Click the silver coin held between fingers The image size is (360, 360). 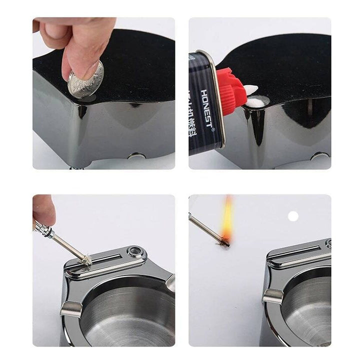click(x=86, y=79)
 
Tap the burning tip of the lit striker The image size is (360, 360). click(x=223, y=242)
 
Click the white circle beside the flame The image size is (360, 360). click(x=293, y=216)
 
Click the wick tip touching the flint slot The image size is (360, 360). click(x=85, y=259)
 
